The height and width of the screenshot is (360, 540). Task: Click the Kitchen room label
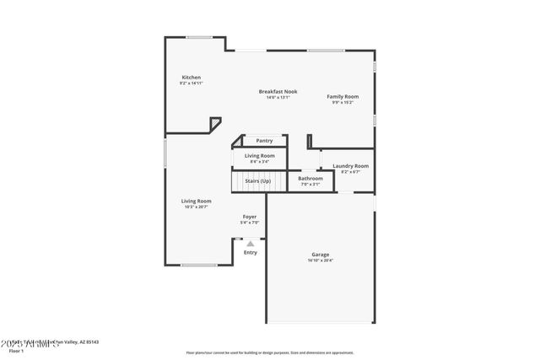tap(191, 78)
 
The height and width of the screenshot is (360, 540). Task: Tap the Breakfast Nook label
tap(278, 91)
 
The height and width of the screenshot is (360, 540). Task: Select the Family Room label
tap(343, 97)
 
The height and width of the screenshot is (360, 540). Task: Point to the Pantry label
tap(264, 141)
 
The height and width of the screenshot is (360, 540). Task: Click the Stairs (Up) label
tap(258, 181)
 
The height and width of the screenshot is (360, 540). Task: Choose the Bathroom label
tap(310, 178)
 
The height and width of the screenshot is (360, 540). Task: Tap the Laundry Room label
tap(350, 166)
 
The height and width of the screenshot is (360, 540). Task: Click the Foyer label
tap(250, 217)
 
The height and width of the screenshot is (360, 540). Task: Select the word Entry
tap(251, 252)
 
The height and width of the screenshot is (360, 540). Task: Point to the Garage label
tap(321, 255)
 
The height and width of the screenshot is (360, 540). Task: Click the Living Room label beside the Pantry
tap(259, 156)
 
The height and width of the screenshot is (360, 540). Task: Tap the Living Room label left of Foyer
tap(196, 201)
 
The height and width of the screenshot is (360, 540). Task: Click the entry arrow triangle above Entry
tap(250, 244)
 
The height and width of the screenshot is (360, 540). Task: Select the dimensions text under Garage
tap(321, 261)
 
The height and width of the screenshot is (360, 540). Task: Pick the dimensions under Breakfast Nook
tap(278, 97)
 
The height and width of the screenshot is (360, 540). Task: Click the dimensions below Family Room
tap(343, 103)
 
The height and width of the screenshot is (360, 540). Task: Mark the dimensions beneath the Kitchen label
tap(191, 83)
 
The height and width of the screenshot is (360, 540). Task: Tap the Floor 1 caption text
tap(16, 350)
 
